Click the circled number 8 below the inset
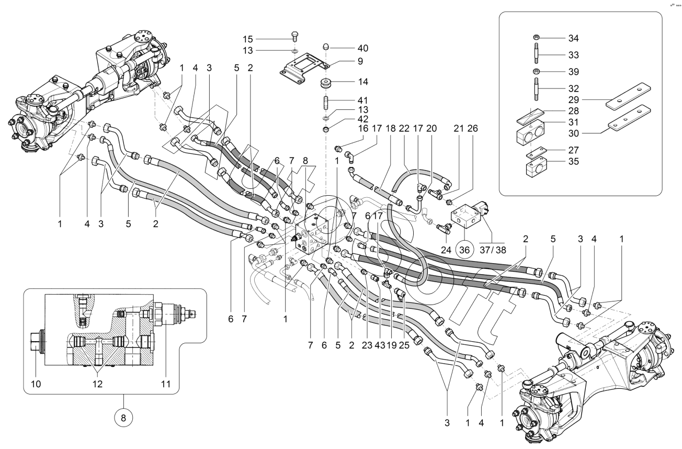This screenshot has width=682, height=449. point(123,419)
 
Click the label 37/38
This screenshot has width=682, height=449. point(493,250)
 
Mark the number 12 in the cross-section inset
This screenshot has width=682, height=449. point(97,384)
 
